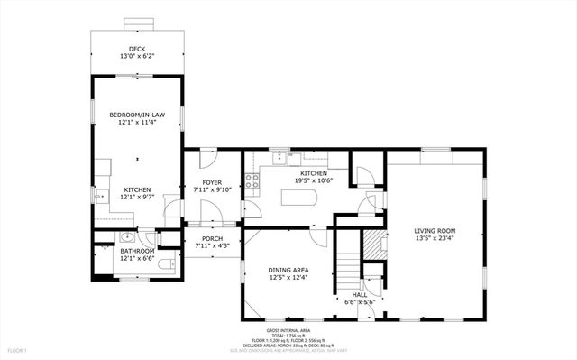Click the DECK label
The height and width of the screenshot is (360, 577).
click(137, 49)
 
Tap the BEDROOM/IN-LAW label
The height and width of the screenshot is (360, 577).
click(137, 115)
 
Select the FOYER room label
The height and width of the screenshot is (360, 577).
click(213, 182)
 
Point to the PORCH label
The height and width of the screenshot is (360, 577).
click(213, 238)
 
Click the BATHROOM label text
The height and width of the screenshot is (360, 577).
click(137, 252)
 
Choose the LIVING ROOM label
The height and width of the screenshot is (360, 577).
click(435, 231)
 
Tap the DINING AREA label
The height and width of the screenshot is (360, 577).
click(288, 270)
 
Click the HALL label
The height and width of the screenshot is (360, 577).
click(359, 294)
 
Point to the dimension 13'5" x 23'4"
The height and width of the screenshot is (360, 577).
click(435, 239)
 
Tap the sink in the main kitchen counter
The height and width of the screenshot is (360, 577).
click(281, 158)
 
